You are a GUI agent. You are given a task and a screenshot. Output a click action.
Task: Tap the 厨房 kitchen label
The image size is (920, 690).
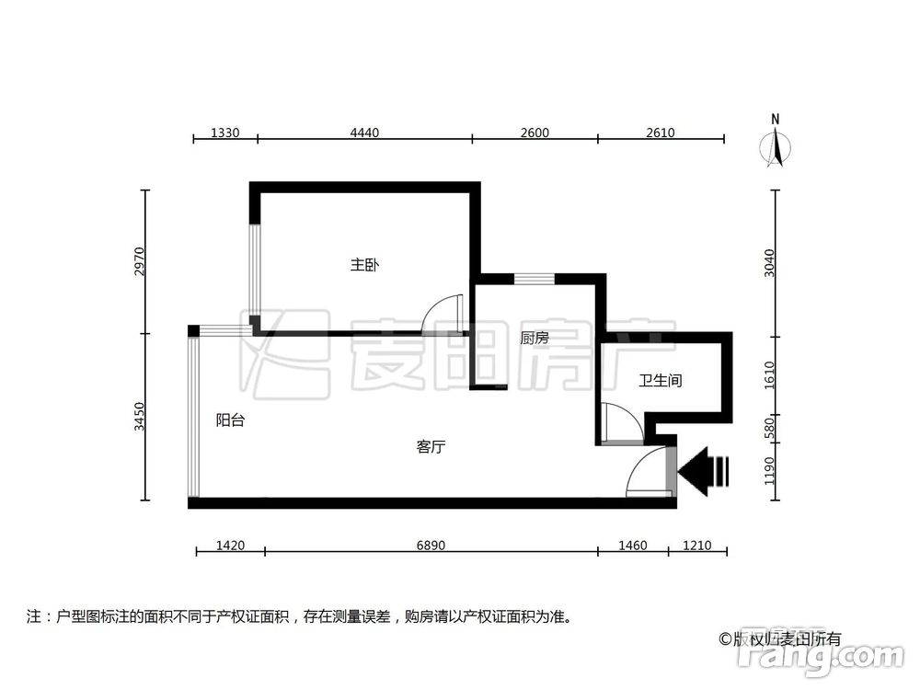[x=534, y=338]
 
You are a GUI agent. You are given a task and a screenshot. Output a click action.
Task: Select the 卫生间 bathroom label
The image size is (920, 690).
[x=660, y=379]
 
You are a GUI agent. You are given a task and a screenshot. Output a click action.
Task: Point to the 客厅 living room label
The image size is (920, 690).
[x=431, y=447]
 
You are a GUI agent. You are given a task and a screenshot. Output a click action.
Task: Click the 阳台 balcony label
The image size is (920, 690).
[x=230, y=420]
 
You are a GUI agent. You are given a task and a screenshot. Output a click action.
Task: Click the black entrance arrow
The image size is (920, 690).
[x=704, y=472]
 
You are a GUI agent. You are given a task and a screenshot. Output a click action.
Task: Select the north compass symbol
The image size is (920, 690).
[x=776, y=145]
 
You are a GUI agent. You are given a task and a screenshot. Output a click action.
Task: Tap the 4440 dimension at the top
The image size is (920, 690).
[x=364, y=132]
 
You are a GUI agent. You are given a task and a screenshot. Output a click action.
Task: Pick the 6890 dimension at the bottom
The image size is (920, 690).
[x=431, y=546]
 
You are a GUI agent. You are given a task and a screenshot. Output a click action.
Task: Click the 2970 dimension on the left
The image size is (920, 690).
[x=139, y=261]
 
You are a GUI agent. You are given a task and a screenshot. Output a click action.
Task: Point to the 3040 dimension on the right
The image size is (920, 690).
[x=770, y=262]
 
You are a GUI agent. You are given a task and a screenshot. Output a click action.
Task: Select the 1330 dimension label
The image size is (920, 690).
[x=225, y=132]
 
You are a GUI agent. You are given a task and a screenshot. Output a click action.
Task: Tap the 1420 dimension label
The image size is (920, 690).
[x=230, y=546]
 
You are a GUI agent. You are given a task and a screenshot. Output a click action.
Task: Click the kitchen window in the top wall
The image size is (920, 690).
[x=534, y=279]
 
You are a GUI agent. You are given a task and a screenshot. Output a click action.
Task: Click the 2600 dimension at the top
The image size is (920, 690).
[x=534, y=132]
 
